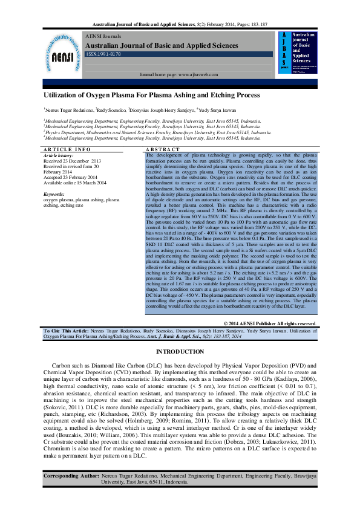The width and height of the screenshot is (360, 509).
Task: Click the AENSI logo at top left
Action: (x=62, y=54)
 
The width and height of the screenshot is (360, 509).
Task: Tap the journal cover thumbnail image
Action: (x=298, y=53)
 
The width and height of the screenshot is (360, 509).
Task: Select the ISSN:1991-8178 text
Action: (x=103, y=54)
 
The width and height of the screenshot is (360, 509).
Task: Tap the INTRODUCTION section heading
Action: (x=180, y=351)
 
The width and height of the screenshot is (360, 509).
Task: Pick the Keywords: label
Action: (x=54, y=193)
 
